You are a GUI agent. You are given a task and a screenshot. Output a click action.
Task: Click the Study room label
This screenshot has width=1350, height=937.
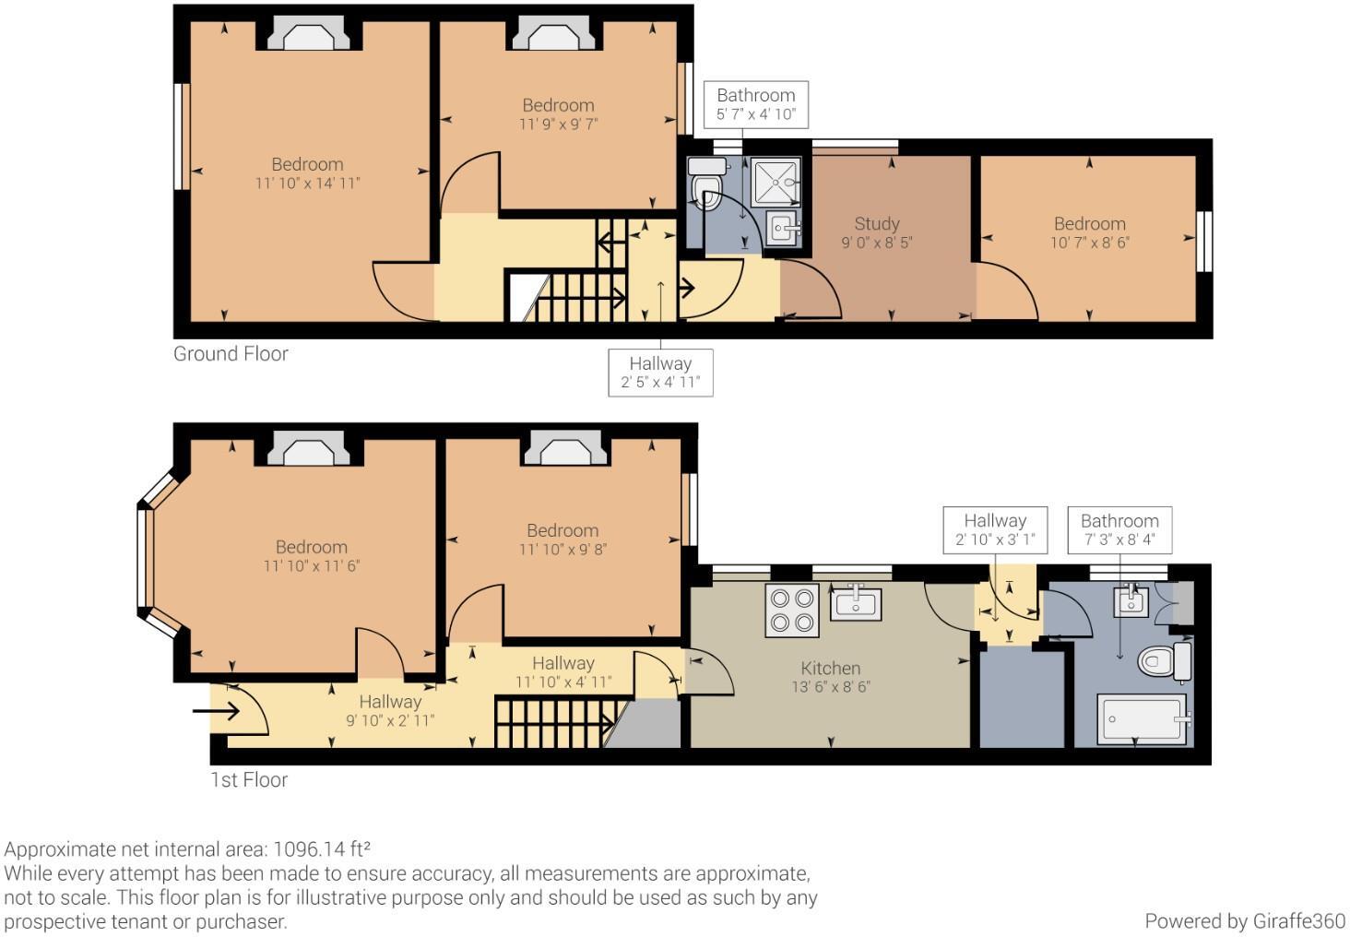tap(876, 223)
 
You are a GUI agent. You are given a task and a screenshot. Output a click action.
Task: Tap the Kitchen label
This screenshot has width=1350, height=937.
tap(831, 668)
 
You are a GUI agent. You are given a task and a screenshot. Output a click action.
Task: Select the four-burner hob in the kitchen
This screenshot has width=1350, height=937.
tap(792, 610)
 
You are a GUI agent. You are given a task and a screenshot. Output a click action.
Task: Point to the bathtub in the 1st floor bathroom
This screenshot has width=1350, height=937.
tap(1143, 718)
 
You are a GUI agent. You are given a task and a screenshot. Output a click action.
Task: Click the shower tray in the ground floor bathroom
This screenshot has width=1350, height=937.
tap(776, 182)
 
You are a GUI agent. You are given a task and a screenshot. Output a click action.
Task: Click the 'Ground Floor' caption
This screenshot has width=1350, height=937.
tap(231, 354)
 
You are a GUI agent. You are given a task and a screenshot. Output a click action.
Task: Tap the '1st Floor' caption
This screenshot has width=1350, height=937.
tap(248, 779)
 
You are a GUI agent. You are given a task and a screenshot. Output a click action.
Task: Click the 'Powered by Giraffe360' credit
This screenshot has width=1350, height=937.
tap(1245, 920)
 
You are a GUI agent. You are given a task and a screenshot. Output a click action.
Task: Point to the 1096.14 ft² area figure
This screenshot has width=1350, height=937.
tap(322, 848)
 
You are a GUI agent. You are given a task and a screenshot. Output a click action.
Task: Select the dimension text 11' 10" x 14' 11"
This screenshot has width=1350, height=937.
tap(307, 183)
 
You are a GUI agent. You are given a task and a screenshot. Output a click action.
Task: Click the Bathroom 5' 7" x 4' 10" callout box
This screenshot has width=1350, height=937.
tap(756, 104)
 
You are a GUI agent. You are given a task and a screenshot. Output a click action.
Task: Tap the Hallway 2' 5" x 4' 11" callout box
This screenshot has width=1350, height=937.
tap(660, 373)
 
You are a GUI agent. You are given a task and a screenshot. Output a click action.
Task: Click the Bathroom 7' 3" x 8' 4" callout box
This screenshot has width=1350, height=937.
tap(1119, 529)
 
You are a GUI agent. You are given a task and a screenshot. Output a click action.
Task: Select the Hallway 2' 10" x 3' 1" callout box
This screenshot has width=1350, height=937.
tap(995, 529)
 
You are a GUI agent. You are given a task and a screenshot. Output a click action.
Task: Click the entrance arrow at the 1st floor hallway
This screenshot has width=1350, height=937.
tap(216, 711)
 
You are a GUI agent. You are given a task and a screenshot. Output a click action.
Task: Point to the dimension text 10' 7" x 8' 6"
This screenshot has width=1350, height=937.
tap(1090, 243)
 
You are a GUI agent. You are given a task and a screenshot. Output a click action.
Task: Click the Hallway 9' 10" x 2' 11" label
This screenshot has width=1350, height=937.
tap(390, 710)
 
